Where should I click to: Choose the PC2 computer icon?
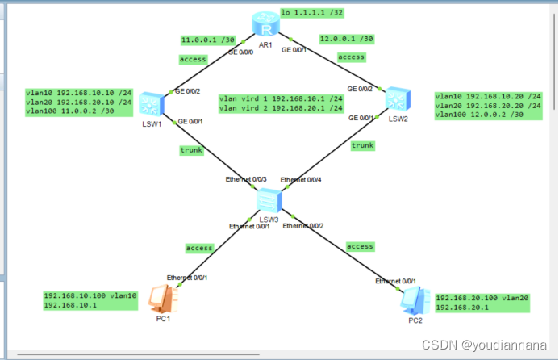pyautogui.click(x=414, y=299)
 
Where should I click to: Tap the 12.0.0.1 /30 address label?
pyautogui.click(x=346, y=38)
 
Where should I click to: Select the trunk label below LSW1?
pyautogui.click(x=192, y=150)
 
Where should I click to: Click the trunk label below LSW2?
pyautogui.click(x=362, y=145)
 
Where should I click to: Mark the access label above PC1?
pyautogui.click(x=199, y=248)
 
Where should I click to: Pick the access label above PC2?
pyautogui.click(x=360, y=245)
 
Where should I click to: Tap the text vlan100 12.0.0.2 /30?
pyautogui.click(x=478, y=115)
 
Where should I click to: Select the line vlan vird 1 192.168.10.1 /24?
pyautogui.click(x=281, y=98)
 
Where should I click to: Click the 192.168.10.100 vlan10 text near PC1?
pyautogui.click(x=90, y=296)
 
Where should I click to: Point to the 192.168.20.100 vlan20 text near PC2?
pyautogui.click(x=482, y=297)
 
